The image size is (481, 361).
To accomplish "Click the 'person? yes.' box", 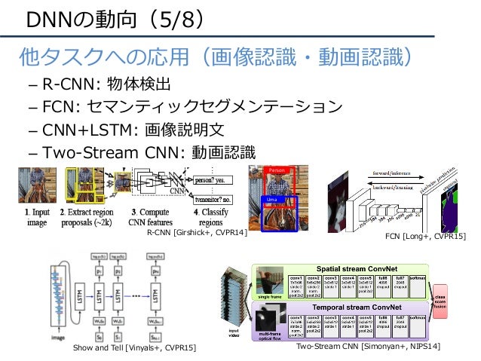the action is [x=213, y=181].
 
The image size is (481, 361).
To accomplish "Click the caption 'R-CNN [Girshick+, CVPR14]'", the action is [x=197, y=235].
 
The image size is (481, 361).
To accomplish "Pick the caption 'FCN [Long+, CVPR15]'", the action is [x=426, y=237].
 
